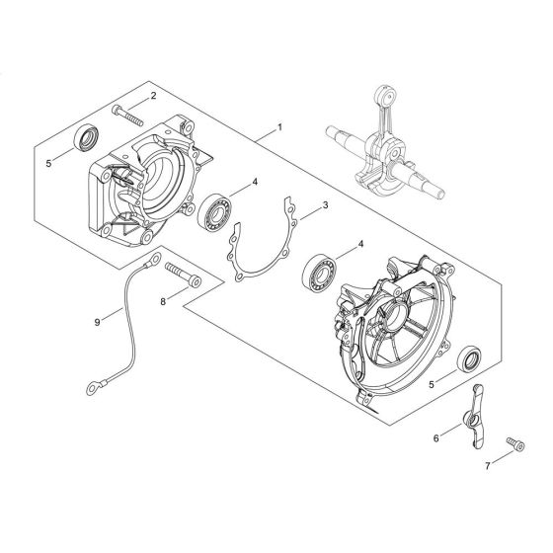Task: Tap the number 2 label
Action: point(153,96)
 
